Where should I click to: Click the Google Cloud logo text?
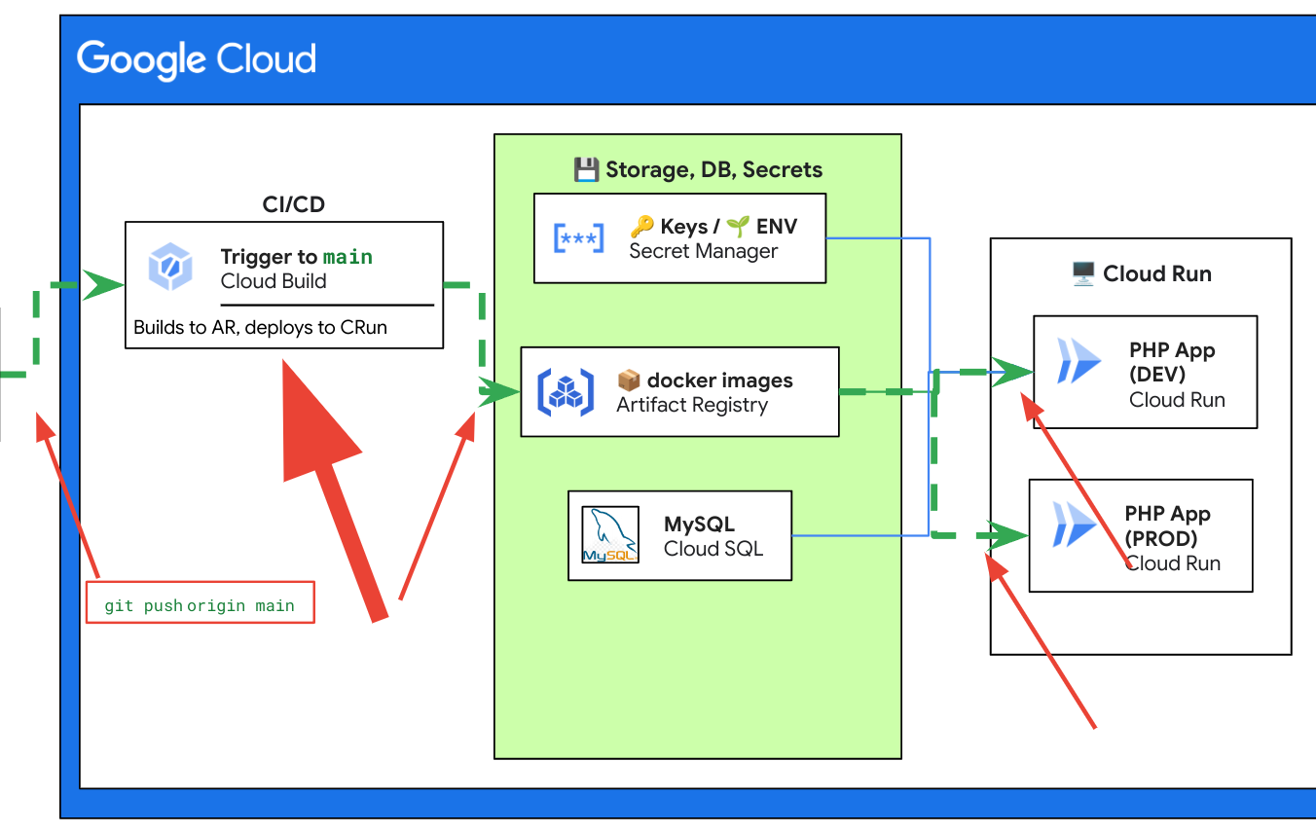[197, 59]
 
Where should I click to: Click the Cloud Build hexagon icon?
[170, 268]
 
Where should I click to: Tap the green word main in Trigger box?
[347, 257]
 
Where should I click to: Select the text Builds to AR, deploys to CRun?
[260, 328]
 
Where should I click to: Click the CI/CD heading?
[294, 204]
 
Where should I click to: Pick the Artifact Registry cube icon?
[566, 392]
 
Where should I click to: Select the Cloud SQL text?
[713, 549]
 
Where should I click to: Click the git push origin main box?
[201, 603]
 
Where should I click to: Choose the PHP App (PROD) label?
[1167, 525]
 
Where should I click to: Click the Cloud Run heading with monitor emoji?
[1141, 274]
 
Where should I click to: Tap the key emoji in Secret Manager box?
[641, 227]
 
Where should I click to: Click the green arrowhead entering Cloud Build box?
[103, 286]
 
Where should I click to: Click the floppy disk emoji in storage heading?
[586, 170]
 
